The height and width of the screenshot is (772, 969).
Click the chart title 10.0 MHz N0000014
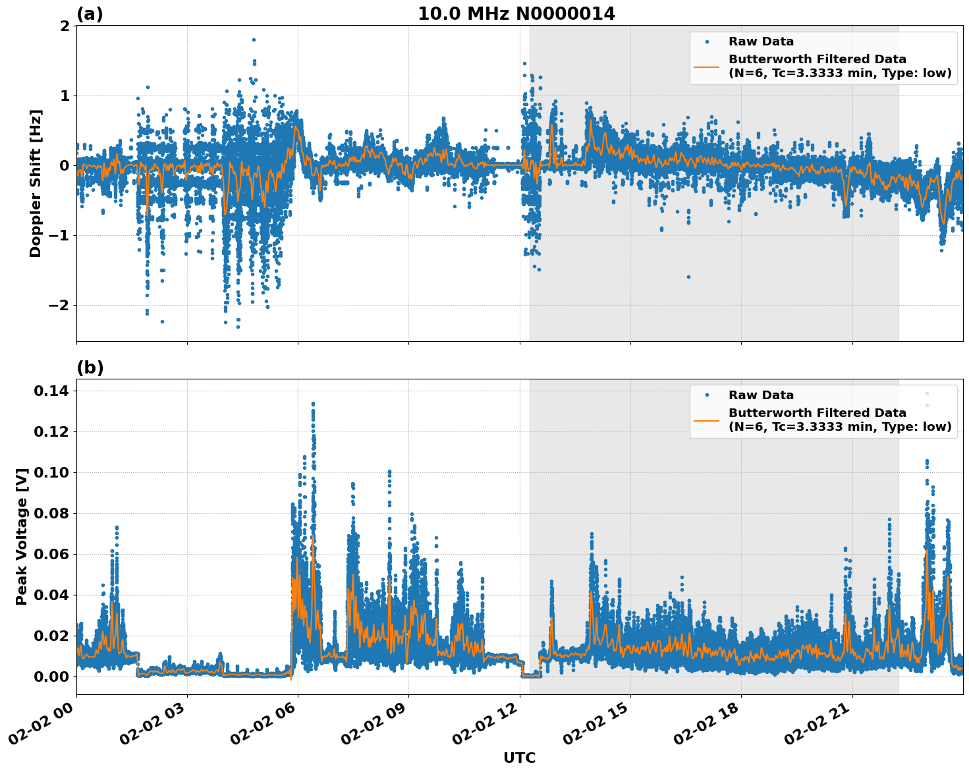(x=516, y=14)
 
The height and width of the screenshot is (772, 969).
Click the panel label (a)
(x=90, y=14)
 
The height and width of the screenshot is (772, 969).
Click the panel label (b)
(x=90, y=368)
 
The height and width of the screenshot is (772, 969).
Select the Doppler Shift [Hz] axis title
(x=36, y=183)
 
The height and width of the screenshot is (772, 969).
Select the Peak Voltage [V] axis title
(x=22, y=536)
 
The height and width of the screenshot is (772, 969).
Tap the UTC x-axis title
(x=519, y=758)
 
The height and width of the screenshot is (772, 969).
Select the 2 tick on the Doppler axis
(x=65, y=26)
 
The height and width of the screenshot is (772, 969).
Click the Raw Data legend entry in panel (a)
(x=761, y=41)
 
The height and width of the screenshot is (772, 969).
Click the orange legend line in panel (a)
(x=706, y=66)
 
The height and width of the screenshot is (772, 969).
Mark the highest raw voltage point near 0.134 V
(x=313, y=404)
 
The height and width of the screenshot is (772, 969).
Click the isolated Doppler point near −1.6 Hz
(x=688, y=277)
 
